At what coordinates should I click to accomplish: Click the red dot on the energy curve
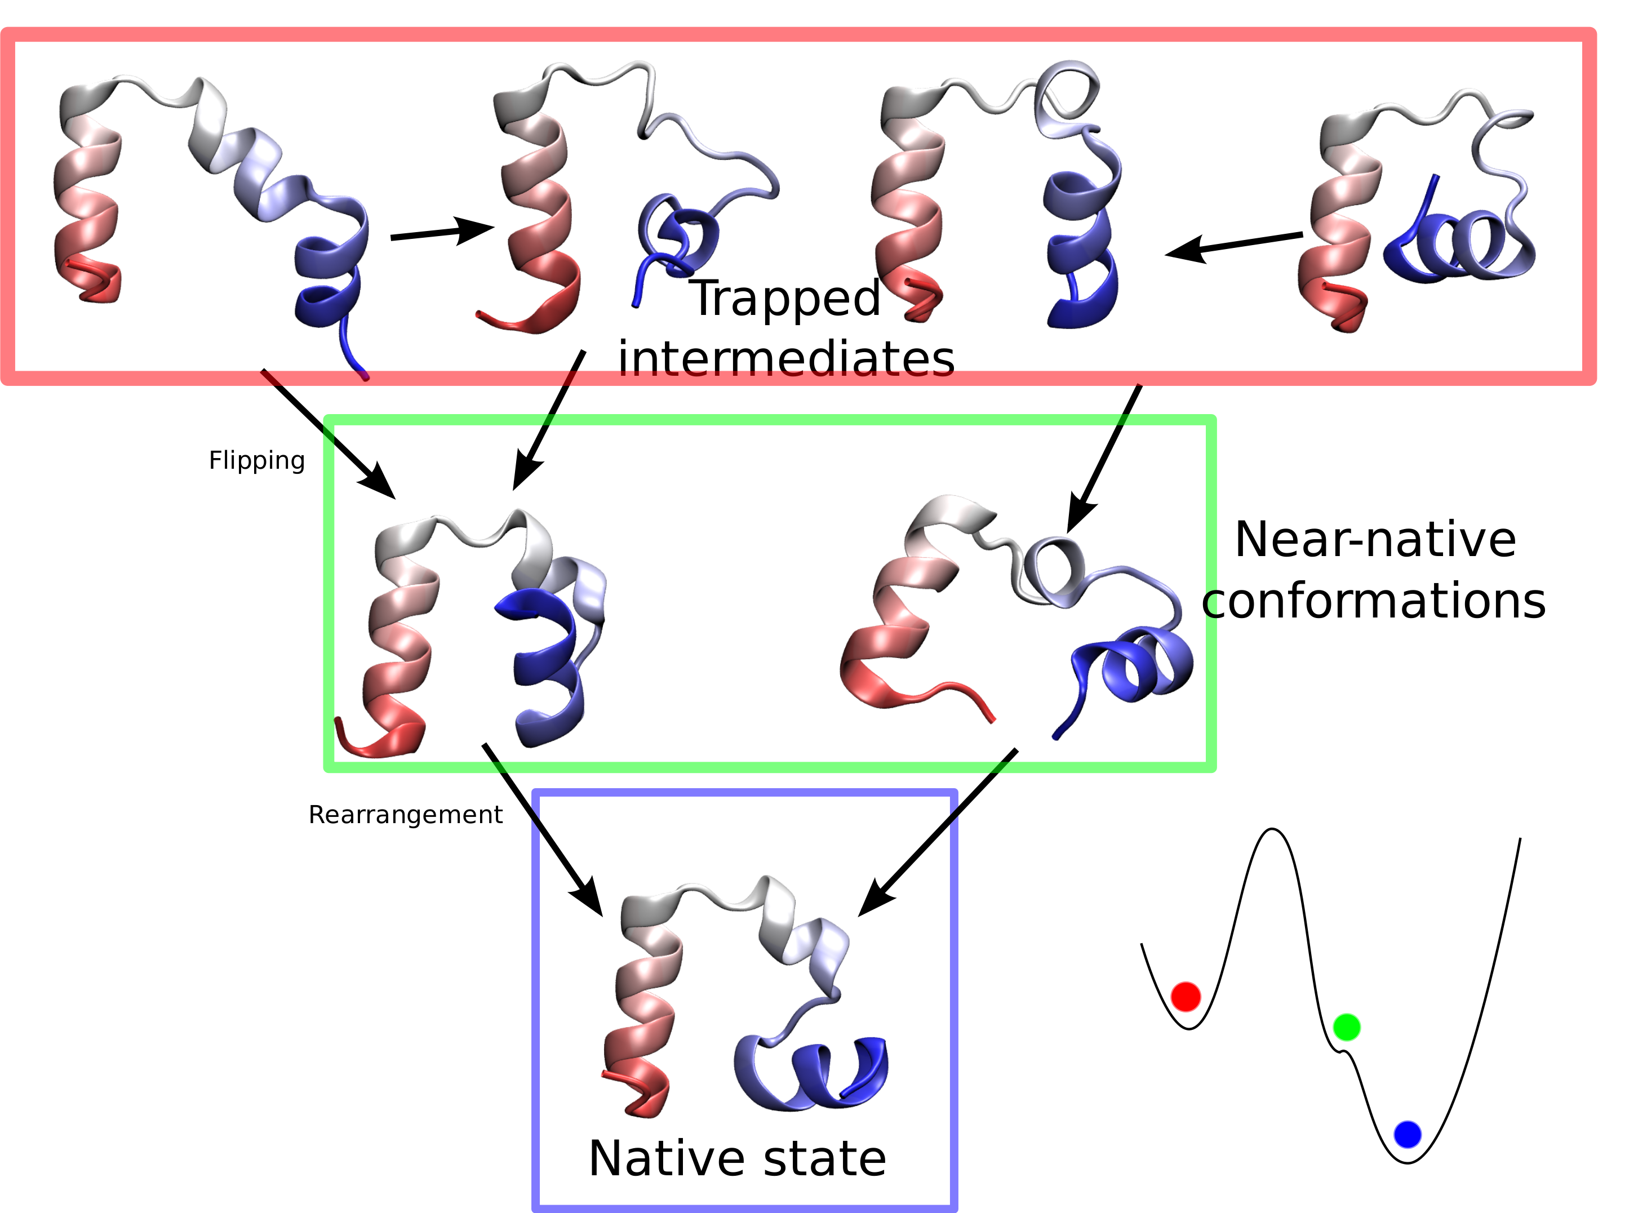pos(1185,997)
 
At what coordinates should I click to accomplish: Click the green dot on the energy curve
pos(1346,1027)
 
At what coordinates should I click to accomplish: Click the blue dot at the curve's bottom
pos(1407,1135)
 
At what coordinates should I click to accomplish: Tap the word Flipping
pos(256,460)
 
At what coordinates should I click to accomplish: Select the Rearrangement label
pos(405,814)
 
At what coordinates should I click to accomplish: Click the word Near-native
pos(1375,540)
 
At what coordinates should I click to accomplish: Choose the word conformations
pos(1373,601)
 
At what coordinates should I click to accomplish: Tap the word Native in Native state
pos(665,1159)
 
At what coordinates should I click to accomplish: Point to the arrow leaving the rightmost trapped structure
pos(1233,245)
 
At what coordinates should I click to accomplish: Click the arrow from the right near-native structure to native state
pos(940,830)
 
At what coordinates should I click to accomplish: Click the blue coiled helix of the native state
pos(811,1072)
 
